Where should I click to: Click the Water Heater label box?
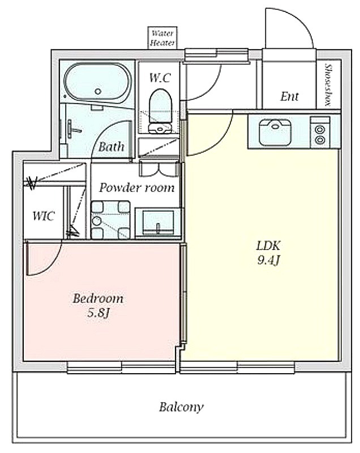pyautogui.click(x=162, y=38)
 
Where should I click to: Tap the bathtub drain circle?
pyautogui.click(x=98, y=92)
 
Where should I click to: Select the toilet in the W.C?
pyautogui.click(x=161, y=110)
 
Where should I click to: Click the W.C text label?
pyautogui.click(x=160, y=78)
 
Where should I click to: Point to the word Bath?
pyautogui.click(x=112, y=147)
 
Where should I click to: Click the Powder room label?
pyautogui.click(x=136, y=188)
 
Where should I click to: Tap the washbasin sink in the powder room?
pyautogui.click(x=158, y=222)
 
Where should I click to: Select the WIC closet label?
pyautogui.click(x=44, y=216)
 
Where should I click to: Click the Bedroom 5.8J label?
pyautogui.click(x=98, y=305)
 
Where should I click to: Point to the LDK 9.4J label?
pyautogui.click(x=268, y=253)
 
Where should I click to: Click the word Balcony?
pyautogui.click(x=181, y=407)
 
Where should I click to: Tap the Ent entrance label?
pyautogui.click(x=289, y=96)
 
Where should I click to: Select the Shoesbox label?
pyautogui.click(x=328, y=85)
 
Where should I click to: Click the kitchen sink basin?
pyautogui.click(x=275, y=133)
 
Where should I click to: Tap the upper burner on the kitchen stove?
pyautogui.click(x=320, y=129)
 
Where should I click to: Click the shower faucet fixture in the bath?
pyautogui.click(x=72, y=127)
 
